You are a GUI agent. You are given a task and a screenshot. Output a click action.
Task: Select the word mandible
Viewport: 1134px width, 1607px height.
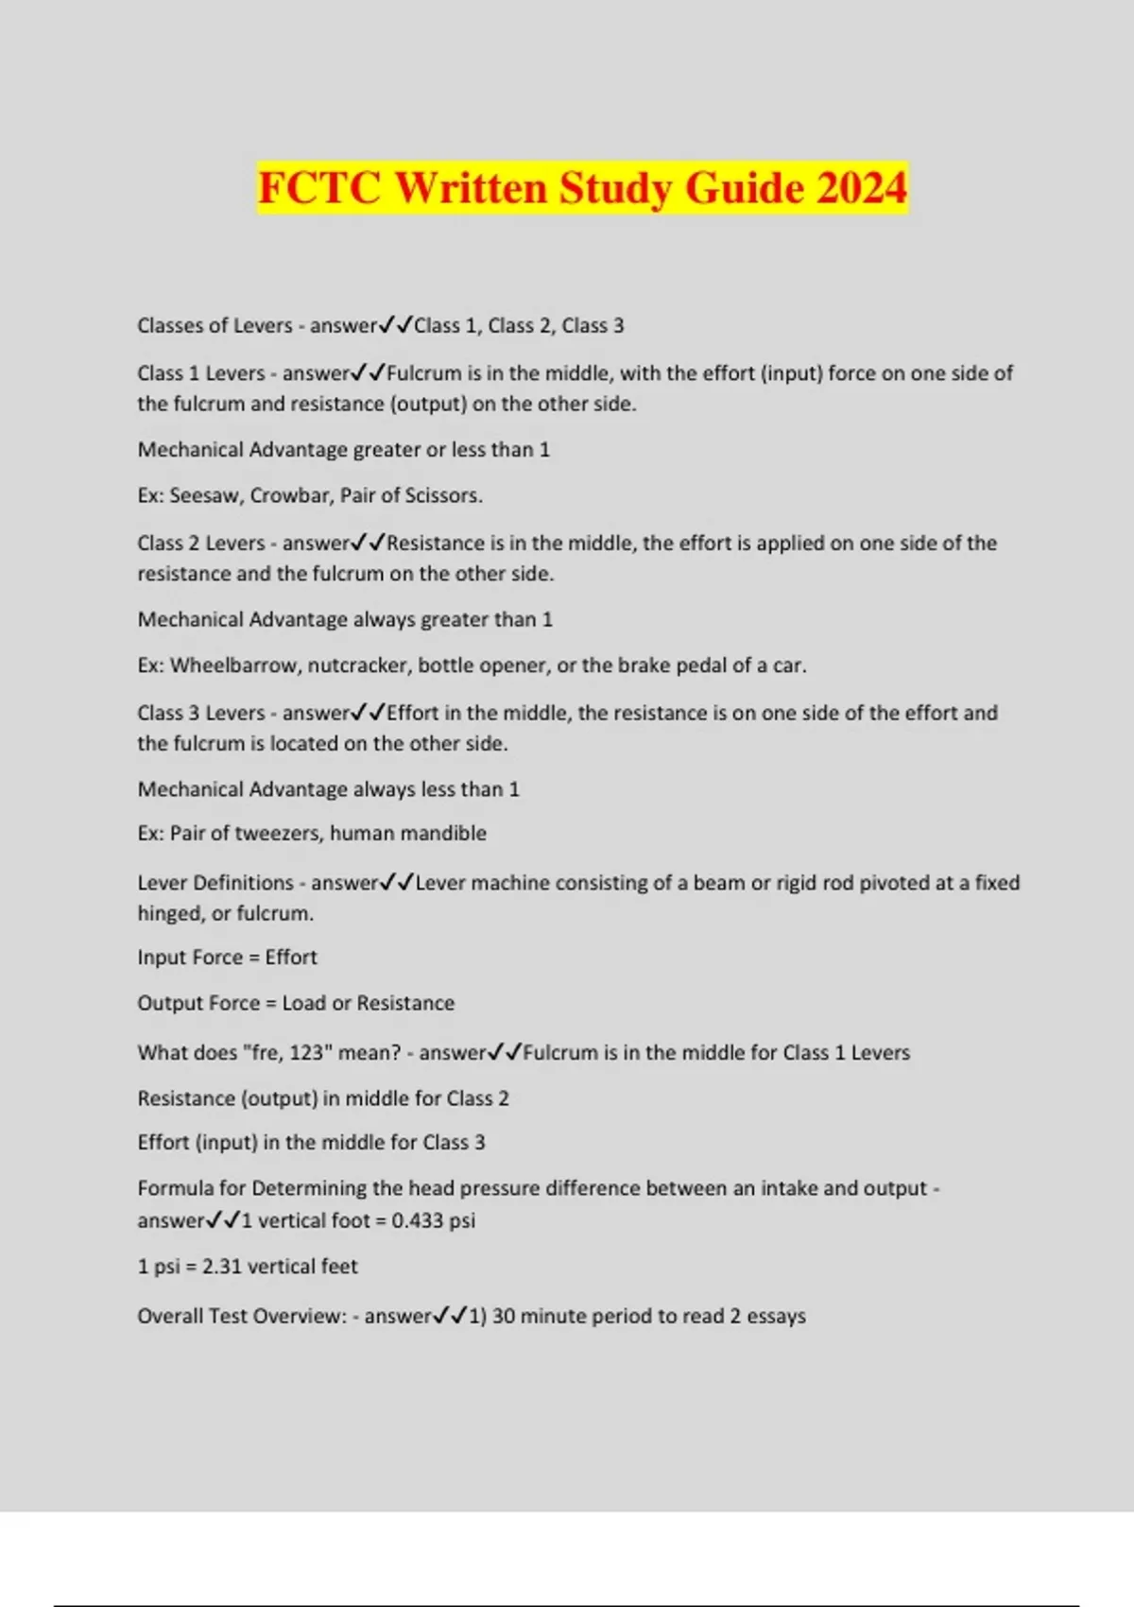pyautogui.click(x=447, y=834)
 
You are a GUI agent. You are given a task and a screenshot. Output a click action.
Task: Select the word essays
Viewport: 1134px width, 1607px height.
pyautogui.click(x=776, y=1317)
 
